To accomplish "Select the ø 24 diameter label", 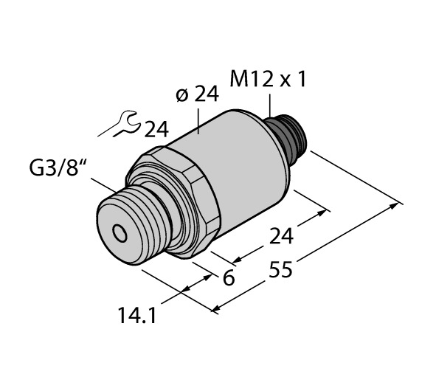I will coord(197,95).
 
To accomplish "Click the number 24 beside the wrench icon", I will coord(156,130).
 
